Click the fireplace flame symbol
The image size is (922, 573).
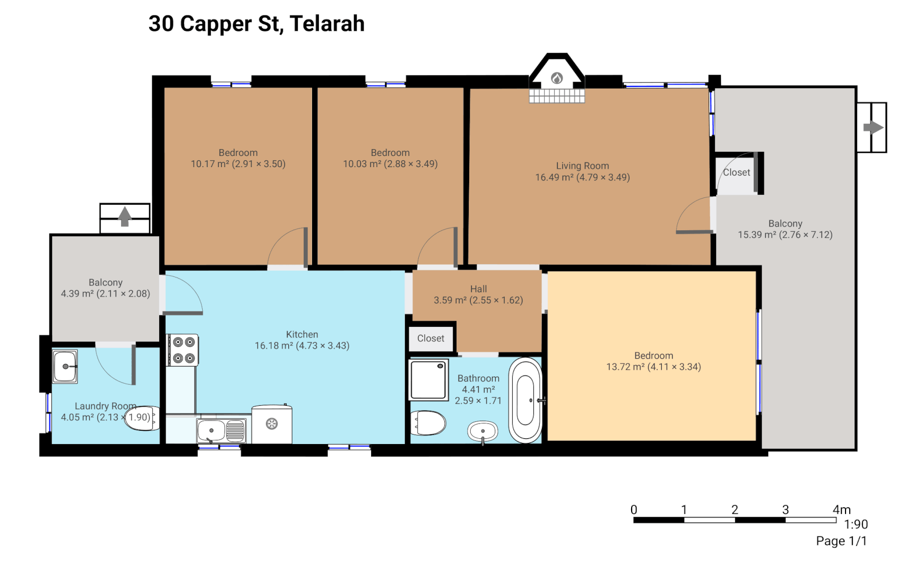coord(556,79)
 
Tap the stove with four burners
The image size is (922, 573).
coord(183,350)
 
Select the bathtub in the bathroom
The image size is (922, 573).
coord(525,401)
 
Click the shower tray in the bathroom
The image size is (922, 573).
coord(428,379)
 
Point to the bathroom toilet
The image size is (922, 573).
coord(428,423)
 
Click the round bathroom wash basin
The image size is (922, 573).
coord(482,431)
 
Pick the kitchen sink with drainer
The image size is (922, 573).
coord(221,430)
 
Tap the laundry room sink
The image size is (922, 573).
coord(65,366)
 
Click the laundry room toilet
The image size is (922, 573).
coord(142,418)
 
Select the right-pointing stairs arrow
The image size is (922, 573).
coord(873,127)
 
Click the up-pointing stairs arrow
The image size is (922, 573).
coord(125,216)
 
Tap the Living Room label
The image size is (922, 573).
coord(582,166)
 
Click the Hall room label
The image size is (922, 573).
coord(478,289)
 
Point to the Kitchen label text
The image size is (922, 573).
coord(302,334)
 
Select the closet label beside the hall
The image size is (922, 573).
coord(430,338)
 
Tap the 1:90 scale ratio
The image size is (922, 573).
coord(856,524)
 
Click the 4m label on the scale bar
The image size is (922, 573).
coord(841,510)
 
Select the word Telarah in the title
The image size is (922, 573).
coord(327,24)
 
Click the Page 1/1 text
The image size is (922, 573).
coord(841,541)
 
